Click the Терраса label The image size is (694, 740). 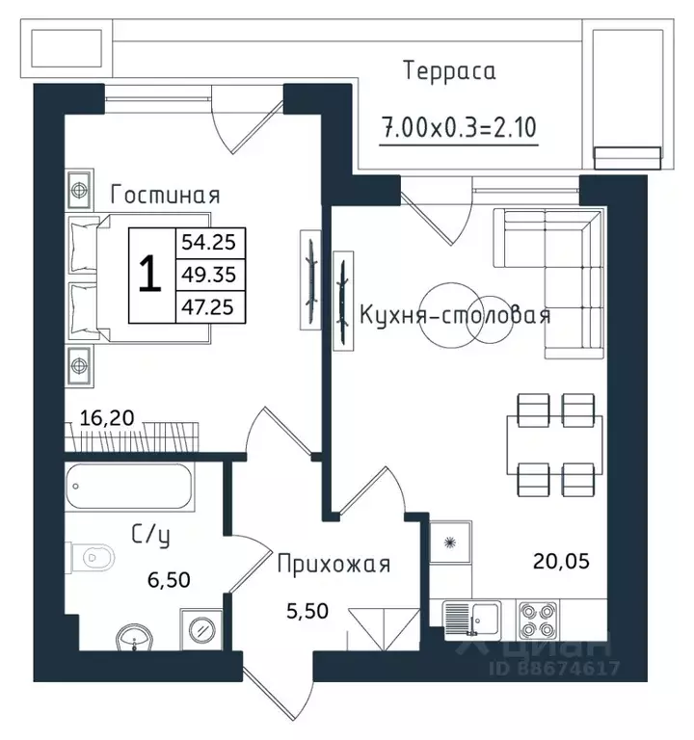[450, 71]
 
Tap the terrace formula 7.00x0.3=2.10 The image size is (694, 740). [459, 127]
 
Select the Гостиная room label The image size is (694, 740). [165, 195]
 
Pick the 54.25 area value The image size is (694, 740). [208, 243]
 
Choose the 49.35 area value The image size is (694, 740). [208, 275]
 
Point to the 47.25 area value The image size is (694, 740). [208, 307]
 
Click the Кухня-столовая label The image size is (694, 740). [455, 315]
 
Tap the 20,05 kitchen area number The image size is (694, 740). [561, 562]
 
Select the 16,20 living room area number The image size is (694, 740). [107, 418]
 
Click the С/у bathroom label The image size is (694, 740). [150, 537]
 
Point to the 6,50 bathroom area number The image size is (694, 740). [169, 580]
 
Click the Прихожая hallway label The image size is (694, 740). [334, 564]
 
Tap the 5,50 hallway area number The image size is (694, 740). [307, 611]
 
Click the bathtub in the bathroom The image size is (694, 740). [129, 487]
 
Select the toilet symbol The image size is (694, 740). [93, 558]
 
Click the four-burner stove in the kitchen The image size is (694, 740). [538, 621]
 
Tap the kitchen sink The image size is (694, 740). [472, 621]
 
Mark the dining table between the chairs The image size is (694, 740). [555, 445]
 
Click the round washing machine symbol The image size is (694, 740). [201, 629]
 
